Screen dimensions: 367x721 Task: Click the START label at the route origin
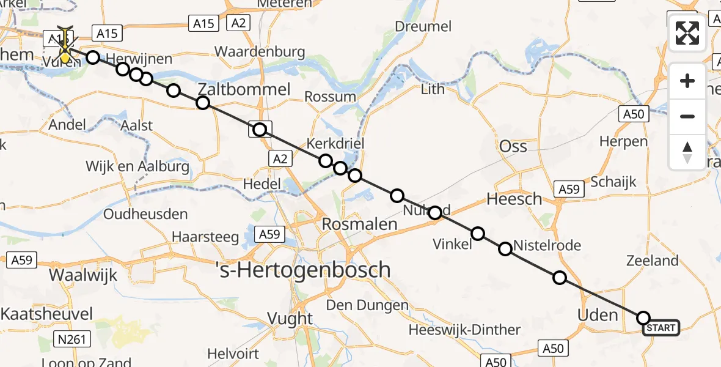click(661, 328)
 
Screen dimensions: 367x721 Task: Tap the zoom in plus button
click(687, 81)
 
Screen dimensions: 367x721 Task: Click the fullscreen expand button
click(687, 33)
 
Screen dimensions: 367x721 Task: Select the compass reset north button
click(687, 152)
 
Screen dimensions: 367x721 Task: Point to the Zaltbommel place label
click(244, 89)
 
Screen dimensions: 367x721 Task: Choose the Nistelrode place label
click(547, 246)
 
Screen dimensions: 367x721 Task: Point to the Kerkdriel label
click(335, 144)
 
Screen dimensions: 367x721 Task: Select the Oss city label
click(513, 146)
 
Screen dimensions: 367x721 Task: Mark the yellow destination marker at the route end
click(65, 58)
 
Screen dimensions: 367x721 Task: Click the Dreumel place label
click(423, 26)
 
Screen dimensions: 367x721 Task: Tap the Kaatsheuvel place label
click(43, 314)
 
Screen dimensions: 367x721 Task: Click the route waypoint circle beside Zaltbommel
click(203, 103)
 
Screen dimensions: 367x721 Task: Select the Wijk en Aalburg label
click(137, 166)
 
